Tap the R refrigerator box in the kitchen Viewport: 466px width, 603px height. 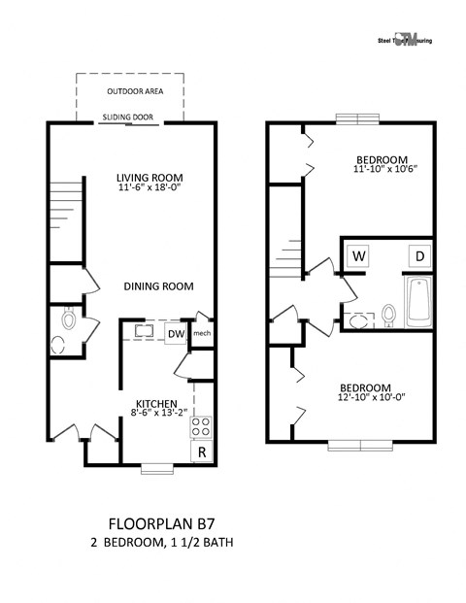[202, 452]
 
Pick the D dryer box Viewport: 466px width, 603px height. [420, 256]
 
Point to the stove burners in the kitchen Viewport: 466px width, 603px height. [202, 425]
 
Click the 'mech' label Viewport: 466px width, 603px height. [202, 335]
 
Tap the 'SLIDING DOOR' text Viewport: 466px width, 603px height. [132, 117]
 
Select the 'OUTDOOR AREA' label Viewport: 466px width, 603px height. [135, 91]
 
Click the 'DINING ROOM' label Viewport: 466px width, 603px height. [158, 286]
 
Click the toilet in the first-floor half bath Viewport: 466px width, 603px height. [69, 318]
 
